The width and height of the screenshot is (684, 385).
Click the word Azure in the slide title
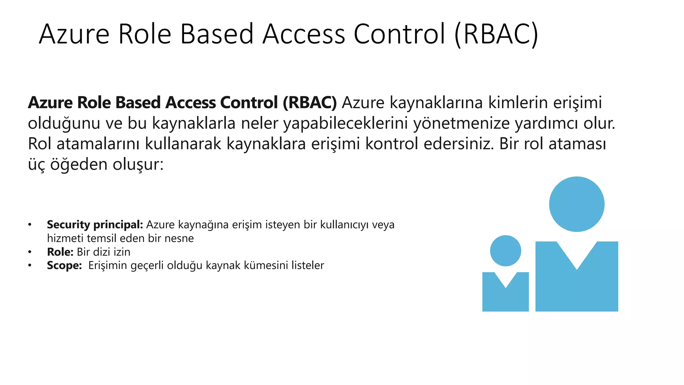pos(74,34)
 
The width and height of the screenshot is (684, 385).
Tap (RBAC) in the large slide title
pos(496,34)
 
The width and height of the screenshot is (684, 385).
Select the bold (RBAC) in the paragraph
pos(310,103)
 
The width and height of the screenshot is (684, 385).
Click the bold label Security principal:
pos(95,225)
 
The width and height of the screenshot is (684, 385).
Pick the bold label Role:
pos(60,252)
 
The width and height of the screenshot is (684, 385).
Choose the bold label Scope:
pos(64,265)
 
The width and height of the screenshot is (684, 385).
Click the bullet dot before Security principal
pos(30,225)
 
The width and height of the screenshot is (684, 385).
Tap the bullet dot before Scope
pos(30,265)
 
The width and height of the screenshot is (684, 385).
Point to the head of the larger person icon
pos(576,204)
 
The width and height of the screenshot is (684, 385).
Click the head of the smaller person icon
pos(505,251)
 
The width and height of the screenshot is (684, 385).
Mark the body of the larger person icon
pos(576,287)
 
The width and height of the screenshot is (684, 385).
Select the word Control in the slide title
pos(399,34)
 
